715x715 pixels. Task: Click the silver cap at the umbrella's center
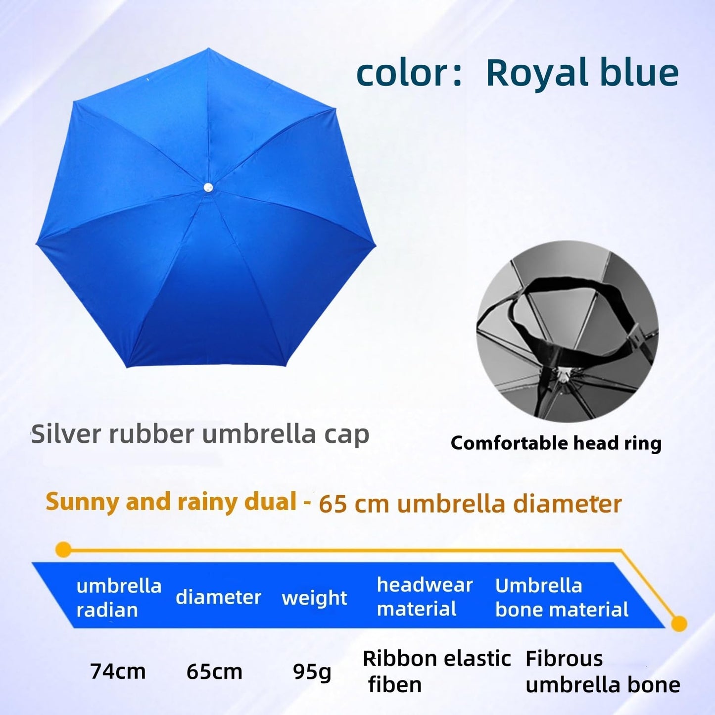[208, 187]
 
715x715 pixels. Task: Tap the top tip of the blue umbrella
[208, 49]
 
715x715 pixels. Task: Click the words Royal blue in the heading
[582, 73]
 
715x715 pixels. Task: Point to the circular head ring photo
[567, 331]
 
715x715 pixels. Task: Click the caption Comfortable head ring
[556, 443]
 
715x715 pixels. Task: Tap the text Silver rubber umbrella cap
[200, 434]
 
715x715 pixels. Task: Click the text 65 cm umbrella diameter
[470, 504]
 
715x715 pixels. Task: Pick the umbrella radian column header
[119, 598]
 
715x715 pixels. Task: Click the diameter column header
[218, 597]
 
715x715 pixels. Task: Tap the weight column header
[314, 598]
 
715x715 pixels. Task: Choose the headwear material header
[425, 597]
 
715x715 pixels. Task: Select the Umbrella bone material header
[562, 597]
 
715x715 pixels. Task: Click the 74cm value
[118, 671]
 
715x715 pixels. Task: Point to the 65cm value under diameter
[214, 671]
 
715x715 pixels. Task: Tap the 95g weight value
[312, 671]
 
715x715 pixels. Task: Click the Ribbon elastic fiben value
[436, 671]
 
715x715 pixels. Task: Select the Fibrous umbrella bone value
[602, 671]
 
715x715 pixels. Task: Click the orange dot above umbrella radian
[63, 549]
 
